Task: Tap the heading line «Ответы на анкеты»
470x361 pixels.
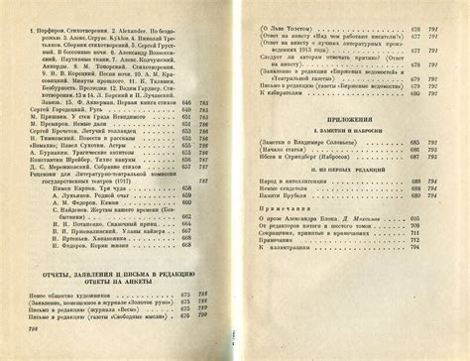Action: (124, 282)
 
